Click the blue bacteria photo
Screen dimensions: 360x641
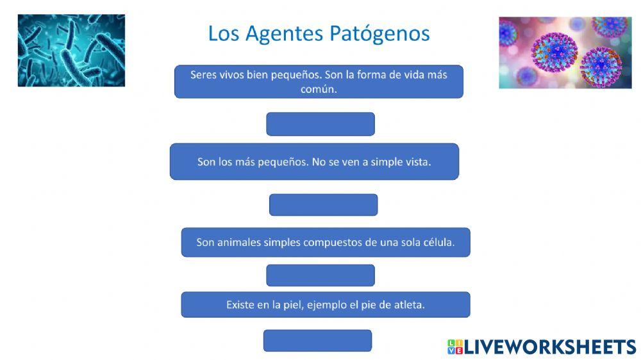tap(71, 51)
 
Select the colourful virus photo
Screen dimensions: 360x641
tap(565, 53)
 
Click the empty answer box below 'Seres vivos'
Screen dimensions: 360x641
tap(320, 124)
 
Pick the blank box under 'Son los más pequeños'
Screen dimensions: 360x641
tap(323, 205)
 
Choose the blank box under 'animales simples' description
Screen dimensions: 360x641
tap(320, 275)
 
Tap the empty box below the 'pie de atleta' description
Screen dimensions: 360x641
tap(317, 341)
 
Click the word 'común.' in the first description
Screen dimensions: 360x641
tap(319, 90)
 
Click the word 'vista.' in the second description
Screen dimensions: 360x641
tap(419, 162)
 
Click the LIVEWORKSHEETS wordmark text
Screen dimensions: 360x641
tap(550, 347)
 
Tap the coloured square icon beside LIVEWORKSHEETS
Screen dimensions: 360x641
tap(454, 347)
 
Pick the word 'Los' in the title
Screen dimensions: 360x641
tap(222, 33)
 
